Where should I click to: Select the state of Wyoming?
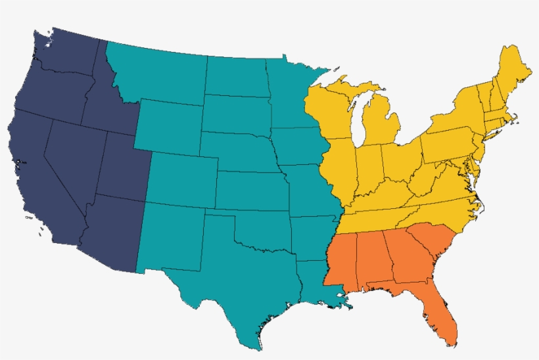(168, 125)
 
